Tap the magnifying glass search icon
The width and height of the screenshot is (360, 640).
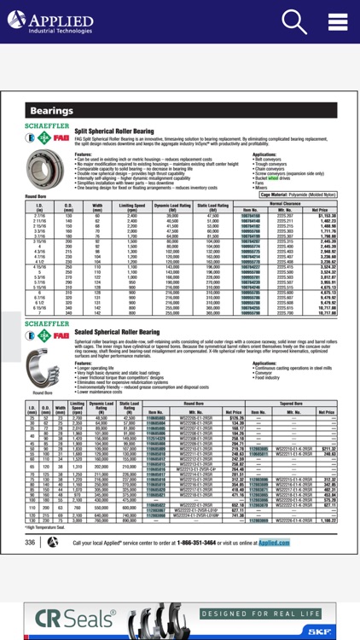click(x=294, y=22)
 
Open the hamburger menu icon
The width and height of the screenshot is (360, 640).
click(x=337, y=22)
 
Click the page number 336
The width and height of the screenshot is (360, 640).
click(x=30, y=566)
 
